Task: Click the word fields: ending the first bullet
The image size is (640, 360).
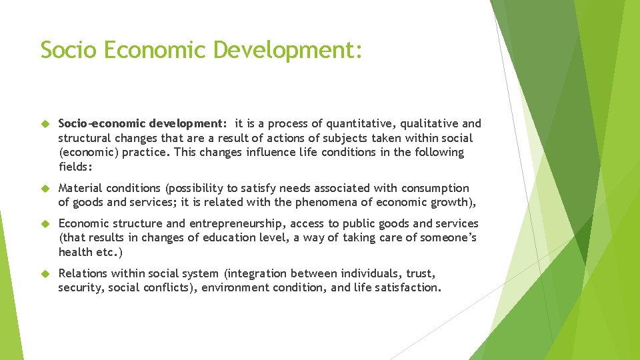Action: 75,167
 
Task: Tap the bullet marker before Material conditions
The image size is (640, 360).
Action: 45,189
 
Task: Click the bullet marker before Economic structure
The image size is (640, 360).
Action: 45,224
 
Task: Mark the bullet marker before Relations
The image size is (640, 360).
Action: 45,273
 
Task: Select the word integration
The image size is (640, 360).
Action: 257,273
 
